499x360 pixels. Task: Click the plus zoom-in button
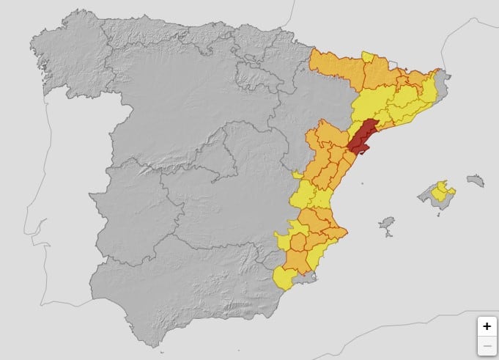coord(487,326)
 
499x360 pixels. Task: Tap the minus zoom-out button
coord(487,345)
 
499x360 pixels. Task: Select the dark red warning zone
coord(362,136)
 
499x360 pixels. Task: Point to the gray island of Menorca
coord(476,180)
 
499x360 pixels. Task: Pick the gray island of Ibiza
coord(386,223)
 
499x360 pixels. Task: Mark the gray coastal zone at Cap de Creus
coord(444,76)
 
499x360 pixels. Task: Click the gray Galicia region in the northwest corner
coord(66,51)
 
